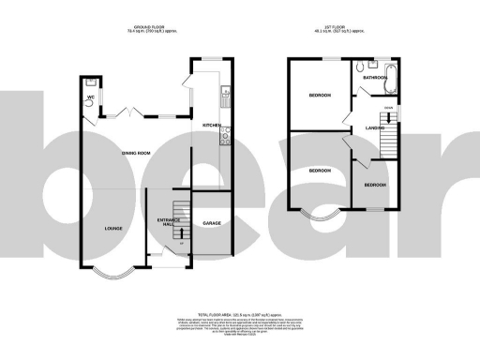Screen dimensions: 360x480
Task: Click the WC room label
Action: [92, 97]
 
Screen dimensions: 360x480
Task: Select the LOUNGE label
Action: [113, 228]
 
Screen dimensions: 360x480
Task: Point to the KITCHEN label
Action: [210, 126]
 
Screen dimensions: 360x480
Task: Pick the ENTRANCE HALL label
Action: [169, 223]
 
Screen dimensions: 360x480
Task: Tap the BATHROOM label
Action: [376, 78]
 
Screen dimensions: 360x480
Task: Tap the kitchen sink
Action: [225, 95]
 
